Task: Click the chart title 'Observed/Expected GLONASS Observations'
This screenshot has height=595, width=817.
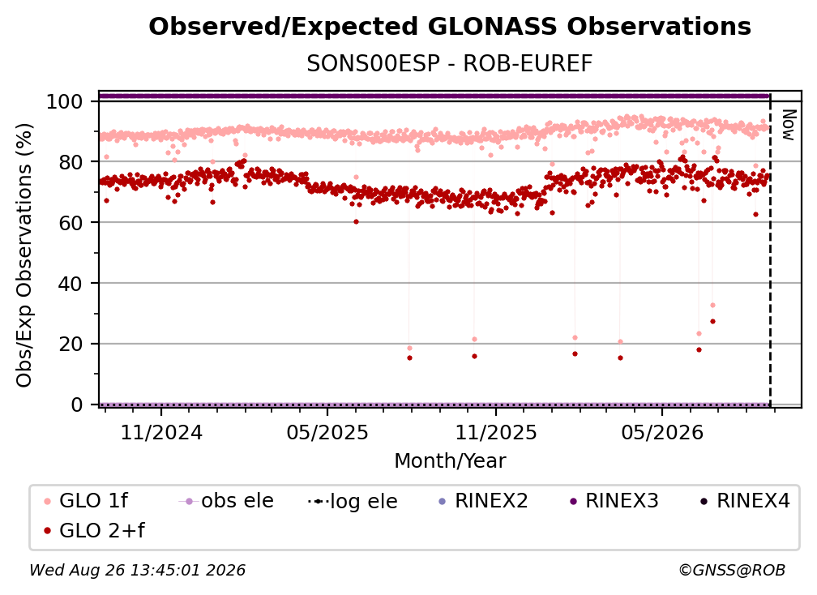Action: [450, 27]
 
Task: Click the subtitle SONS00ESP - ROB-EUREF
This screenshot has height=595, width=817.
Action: [450, 64]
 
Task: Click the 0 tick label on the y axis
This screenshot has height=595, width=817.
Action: [76, 405]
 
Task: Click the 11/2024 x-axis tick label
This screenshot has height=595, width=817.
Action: [161, 432]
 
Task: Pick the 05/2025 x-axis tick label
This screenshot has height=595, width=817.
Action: [327, 432]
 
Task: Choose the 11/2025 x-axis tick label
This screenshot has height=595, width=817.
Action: [496, 432]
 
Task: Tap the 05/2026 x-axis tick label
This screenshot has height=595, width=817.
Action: [662, 432]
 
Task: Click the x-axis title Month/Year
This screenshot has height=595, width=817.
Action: [450, 461]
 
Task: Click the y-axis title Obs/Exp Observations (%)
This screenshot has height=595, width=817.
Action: [24, 255]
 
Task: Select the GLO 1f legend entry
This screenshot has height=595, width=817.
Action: [86, 501]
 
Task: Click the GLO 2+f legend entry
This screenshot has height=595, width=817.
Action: [94, 531]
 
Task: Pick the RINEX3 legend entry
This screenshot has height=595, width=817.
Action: [614, 501]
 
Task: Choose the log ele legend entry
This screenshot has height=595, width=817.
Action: [353, 501]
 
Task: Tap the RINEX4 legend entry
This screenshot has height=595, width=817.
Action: [745, 501]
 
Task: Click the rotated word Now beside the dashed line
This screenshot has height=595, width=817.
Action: [789, 125]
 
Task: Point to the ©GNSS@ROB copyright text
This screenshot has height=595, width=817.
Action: [732, 571]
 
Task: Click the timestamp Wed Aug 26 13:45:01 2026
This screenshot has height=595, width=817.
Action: [138, 571]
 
